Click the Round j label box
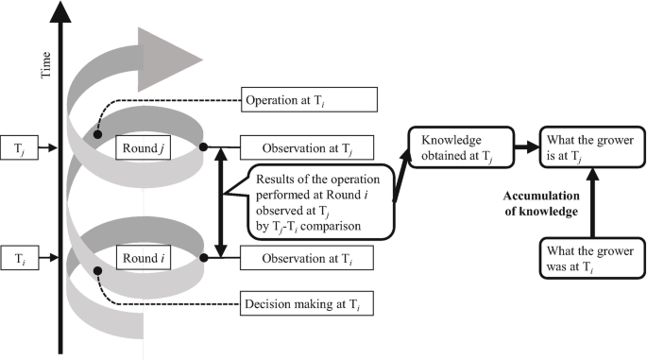[x=143, y=148]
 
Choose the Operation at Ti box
[x=310, y=99]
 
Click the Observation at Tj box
[x=308, y=147]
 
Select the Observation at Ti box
[x=308, y=254]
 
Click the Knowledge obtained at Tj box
[x=457, y=147]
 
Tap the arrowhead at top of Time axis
[x=62, y=13]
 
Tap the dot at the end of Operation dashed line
[x=97, y=137]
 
